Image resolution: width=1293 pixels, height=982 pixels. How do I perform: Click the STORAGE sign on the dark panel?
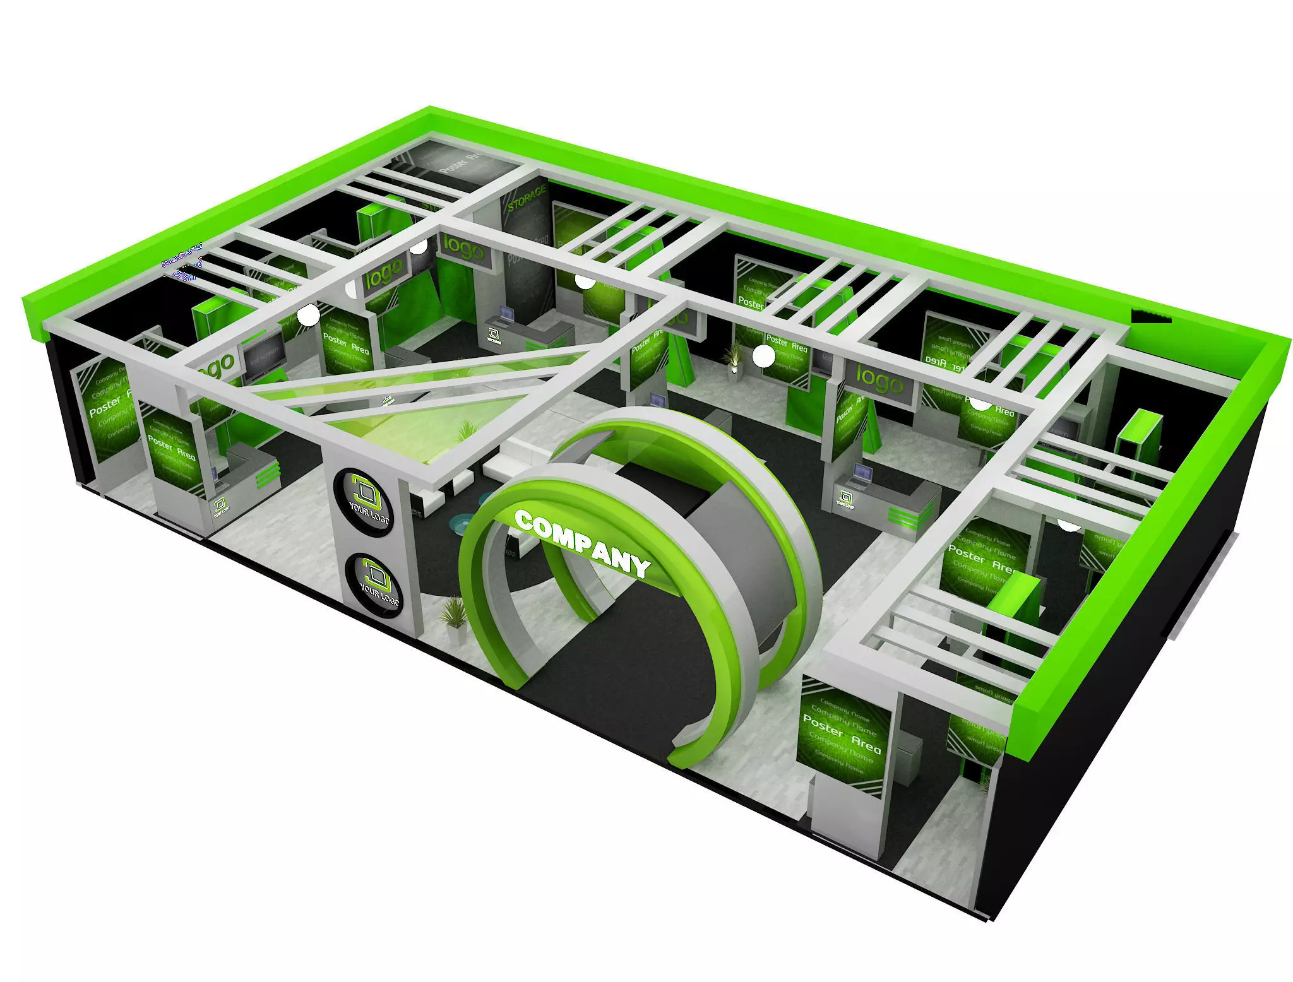click(x=525, y=198)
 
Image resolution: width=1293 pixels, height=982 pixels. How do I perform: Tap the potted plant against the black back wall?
click(x=735, y=357)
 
